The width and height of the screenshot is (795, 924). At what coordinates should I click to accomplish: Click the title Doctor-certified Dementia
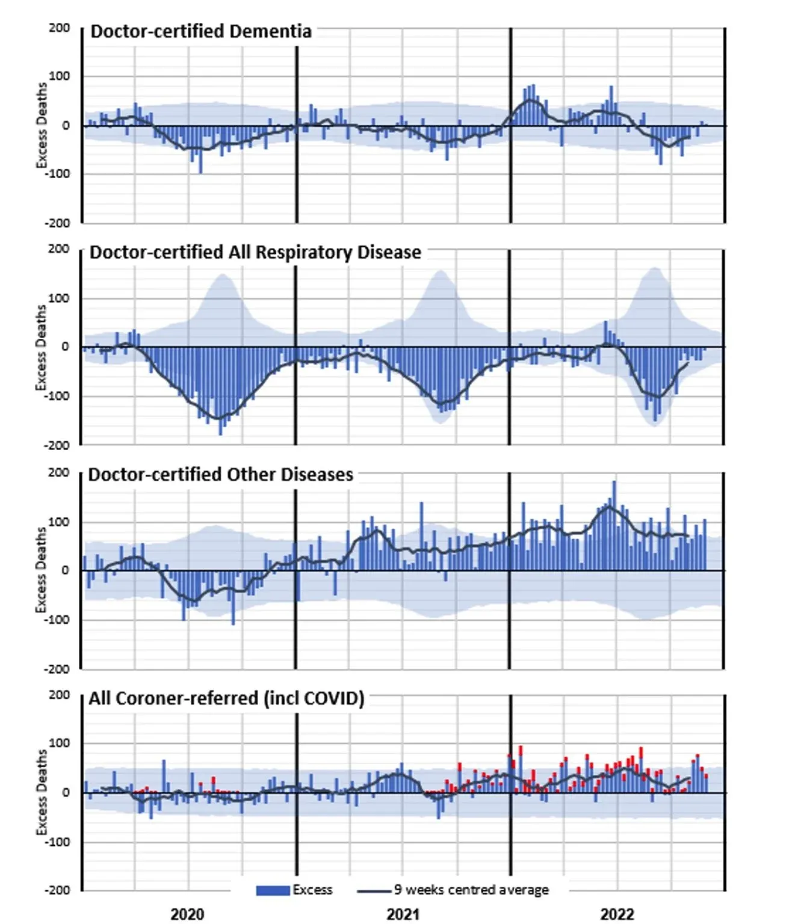coord(201,31)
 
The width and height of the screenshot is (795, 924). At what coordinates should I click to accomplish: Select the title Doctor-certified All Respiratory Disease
coord(255,252)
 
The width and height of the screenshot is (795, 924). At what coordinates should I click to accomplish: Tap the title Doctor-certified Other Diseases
coord(220,475)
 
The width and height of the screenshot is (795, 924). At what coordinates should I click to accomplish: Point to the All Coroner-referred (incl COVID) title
coord(226,698)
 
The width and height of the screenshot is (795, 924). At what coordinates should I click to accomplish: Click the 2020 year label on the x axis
coord(187,914)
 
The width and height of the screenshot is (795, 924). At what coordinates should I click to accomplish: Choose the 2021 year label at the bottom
coord(403,914)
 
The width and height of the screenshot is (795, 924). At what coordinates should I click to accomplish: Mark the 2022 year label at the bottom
coord(617,914)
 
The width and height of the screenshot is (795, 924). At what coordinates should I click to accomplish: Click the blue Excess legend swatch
coord(273,890)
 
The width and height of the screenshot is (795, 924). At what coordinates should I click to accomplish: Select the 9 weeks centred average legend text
coord(471,890)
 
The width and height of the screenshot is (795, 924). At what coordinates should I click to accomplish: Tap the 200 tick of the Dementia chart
coord(59,28)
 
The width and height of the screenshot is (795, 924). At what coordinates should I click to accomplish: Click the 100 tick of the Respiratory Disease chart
coord(59,298)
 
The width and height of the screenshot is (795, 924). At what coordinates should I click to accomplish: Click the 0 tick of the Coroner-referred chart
coord(66,793)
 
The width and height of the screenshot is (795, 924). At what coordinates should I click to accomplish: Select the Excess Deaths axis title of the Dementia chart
coord(41,126)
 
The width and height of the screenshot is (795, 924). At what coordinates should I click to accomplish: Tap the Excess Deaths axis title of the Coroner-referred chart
coord(41,792)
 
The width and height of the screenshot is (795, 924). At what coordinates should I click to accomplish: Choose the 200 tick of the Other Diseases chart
coord(59,473)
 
